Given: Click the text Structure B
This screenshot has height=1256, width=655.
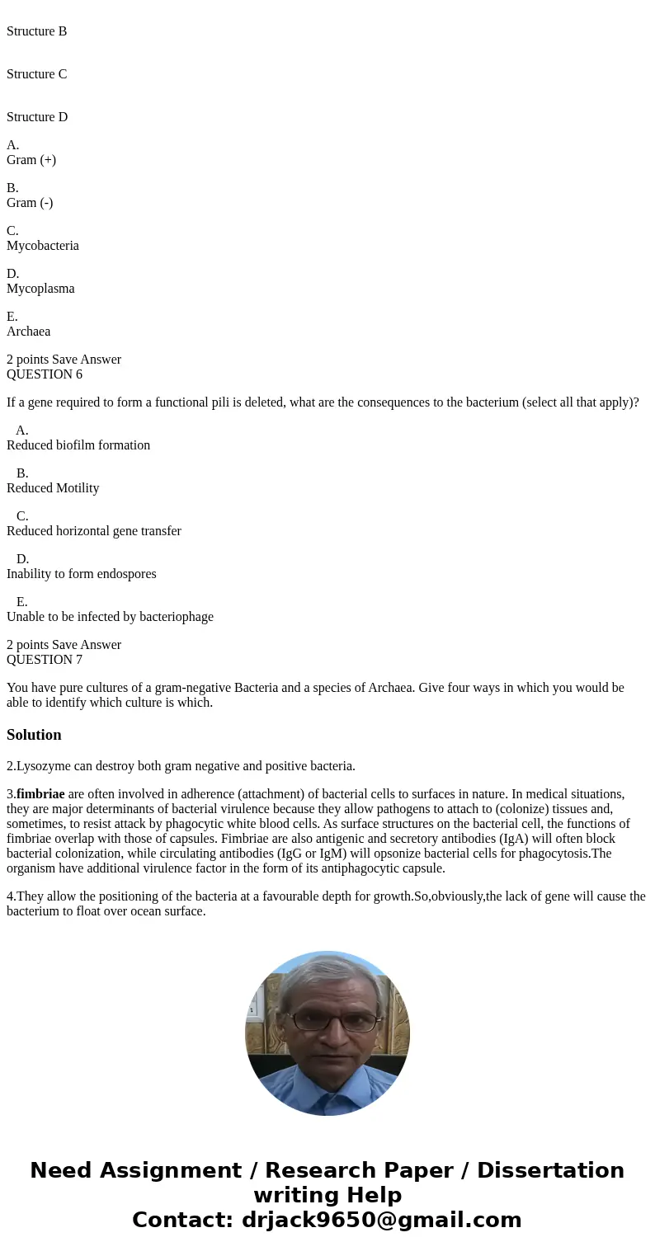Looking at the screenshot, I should point(37,31).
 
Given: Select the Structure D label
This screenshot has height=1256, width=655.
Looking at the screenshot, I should point(37,117).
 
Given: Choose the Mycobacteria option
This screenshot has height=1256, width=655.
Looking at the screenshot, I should point(43,246).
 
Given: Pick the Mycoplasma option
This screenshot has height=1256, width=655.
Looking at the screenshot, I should point(40,289).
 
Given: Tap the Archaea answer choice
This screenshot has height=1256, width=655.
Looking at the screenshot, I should point(29,332).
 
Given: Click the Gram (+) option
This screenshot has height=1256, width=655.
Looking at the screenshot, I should point(31,160).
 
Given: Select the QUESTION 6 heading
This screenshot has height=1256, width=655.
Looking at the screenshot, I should point(45,374).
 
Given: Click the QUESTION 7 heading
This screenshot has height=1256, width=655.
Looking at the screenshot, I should point(45,660).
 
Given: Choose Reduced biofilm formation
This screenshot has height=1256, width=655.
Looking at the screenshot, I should point(78,445).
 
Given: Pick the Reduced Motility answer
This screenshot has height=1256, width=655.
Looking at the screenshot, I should point(53,488).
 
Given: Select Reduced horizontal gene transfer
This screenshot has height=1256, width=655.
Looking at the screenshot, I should point(94,531).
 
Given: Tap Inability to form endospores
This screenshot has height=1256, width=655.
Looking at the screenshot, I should point(82,574).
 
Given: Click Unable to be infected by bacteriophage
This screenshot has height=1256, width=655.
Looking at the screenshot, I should point(110,617).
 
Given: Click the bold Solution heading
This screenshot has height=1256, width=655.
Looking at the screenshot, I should point(34,735).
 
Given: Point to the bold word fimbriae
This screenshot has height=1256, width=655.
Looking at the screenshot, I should point(40,794).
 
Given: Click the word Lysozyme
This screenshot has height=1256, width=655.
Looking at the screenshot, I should point(41,766).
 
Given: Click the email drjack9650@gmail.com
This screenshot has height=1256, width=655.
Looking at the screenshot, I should point(381,1221).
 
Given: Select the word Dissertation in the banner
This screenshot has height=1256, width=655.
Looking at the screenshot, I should point(550,1171).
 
